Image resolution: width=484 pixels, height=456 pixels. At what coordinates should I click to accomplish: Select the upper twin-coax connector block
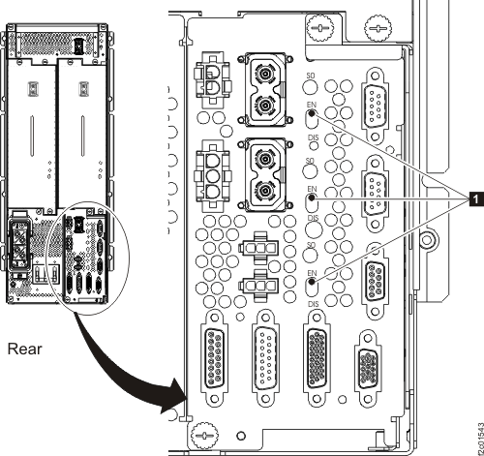click(265, 89)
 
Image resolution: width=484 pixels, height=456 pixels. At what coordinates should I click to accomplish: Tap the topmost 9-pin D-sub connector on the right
click(374, 101)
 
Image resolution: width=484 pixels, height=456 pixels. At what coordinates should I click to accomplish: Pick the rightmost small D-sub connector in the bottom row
click(369, 357)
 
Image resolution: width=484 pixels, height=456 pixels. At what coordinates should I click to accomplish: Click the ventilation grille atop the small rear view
click(64, 43)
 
